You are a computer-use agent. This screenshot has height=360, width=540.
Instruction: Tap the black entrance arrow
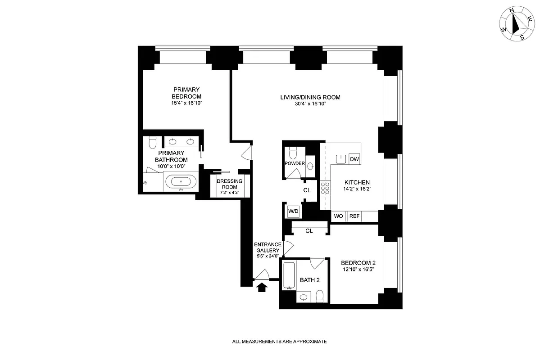coord(261,287)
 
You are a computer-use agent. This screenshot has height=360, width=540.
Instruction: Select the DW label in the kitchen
coord(354,159)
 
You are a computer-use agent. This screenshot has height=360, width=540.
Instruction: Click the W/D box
coord(293,211)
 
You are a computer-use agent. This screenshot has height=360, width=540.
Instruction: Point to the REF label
coord(354,216)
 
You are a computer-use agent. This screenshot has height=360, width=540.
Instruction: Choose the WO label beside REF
coord(339,216)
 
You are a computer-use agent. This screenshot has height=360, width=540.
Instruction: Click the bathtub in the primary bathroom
coord(181,182)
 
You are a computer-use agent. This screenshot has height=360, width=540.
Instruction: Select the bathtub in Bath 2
coord(289,275)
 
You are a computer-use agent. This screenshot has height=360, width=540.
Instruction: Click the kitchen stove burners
coord(325,188)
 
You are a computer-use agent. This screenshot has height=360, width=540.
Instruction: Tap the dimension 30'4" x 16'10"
coord(310,104)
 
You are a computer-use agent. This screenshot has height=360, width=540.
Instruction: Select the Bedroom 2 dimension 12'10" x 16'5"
coord(358,269)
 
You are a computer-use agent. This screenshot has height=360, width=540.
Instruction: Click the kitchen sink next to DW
coord(341,158)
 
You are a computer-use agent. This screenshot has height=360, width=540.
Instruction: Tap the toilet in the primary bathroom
coord(152,143)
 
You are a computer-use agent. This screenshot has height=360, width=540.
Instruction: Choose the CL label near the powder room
coord(307,190)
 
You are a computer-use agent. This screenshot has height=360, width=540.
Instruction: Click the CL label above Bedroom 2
coord(309,231)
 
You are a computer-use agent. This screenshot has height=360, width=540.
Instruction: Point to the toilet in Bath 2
coord(319,296)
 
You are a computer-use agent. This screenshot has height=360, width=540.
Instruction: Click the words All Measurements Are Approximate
coord(279,342)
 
